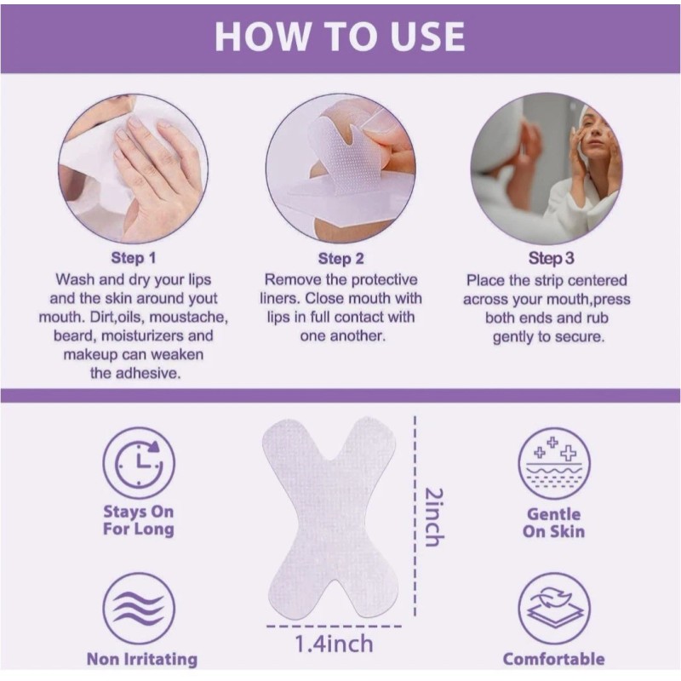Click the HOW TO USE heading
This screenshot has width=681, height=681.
[340, 36]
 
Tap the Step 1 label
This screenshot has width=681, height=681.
[134, 258]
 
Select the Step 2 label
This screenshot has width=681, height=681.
[340, 258]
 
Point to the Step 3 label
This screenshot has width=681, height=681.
[546, 258]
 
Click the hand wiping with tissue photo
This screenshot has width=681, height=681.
[134, 169]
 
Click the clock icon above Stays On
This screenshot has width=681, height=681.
[139, 463]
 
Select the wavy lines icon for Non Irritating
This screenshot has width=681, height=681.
[139, 609]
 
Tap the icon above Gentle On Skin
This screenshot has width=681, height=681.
[554, 463]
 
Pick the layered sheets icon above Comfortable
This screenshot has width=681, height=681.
[554, 609]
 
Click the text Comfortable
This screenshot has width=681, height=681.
[553, 659]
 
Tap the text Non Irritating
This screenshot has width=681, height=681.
[141, 659]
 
